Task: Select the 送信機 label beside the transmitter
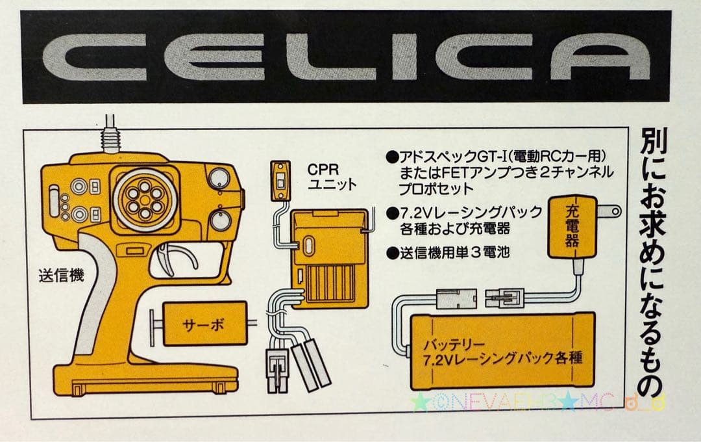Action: click(61, 276)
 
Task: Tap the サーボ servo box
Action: click(204, 323)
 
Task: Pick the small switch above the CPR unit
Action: click(280, 179)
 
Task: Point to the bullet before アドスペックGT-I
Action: click(391, 157)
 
